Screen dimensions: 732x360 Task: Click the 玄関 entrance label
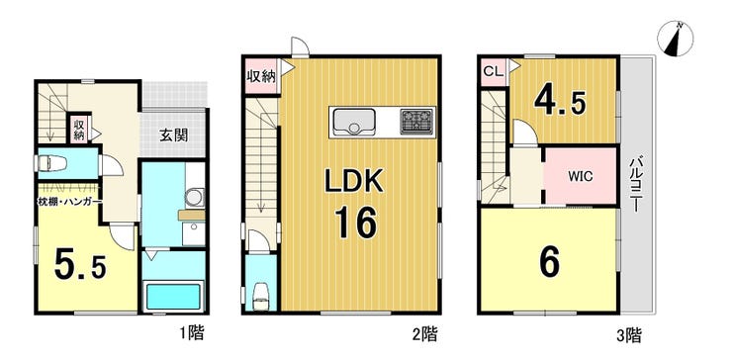[174, 135]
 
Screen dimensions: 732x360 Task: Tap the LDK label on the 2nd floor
[354, 182]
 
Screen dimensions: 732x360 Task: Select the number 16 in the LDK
[354, 224]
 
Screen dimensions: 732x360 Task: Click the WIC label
[581, 177]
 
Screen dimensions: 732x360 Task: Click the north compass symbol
[675, 39]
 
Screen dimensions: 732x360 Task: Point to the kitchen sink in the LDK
[353, 122]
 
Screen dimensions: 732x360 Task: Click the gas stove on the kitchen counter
[415, 122]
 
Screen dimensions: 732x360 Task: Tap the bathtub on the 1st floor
[173, 297]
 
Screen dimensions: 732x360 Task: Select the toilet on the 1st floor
[50, 163]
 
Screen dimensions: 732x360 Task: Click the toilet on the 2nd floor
[260, 296]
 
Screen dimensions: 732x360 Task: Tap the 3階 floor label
[628, 334]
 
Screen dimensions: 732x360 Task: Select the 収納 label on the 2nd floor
[261, 76]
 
